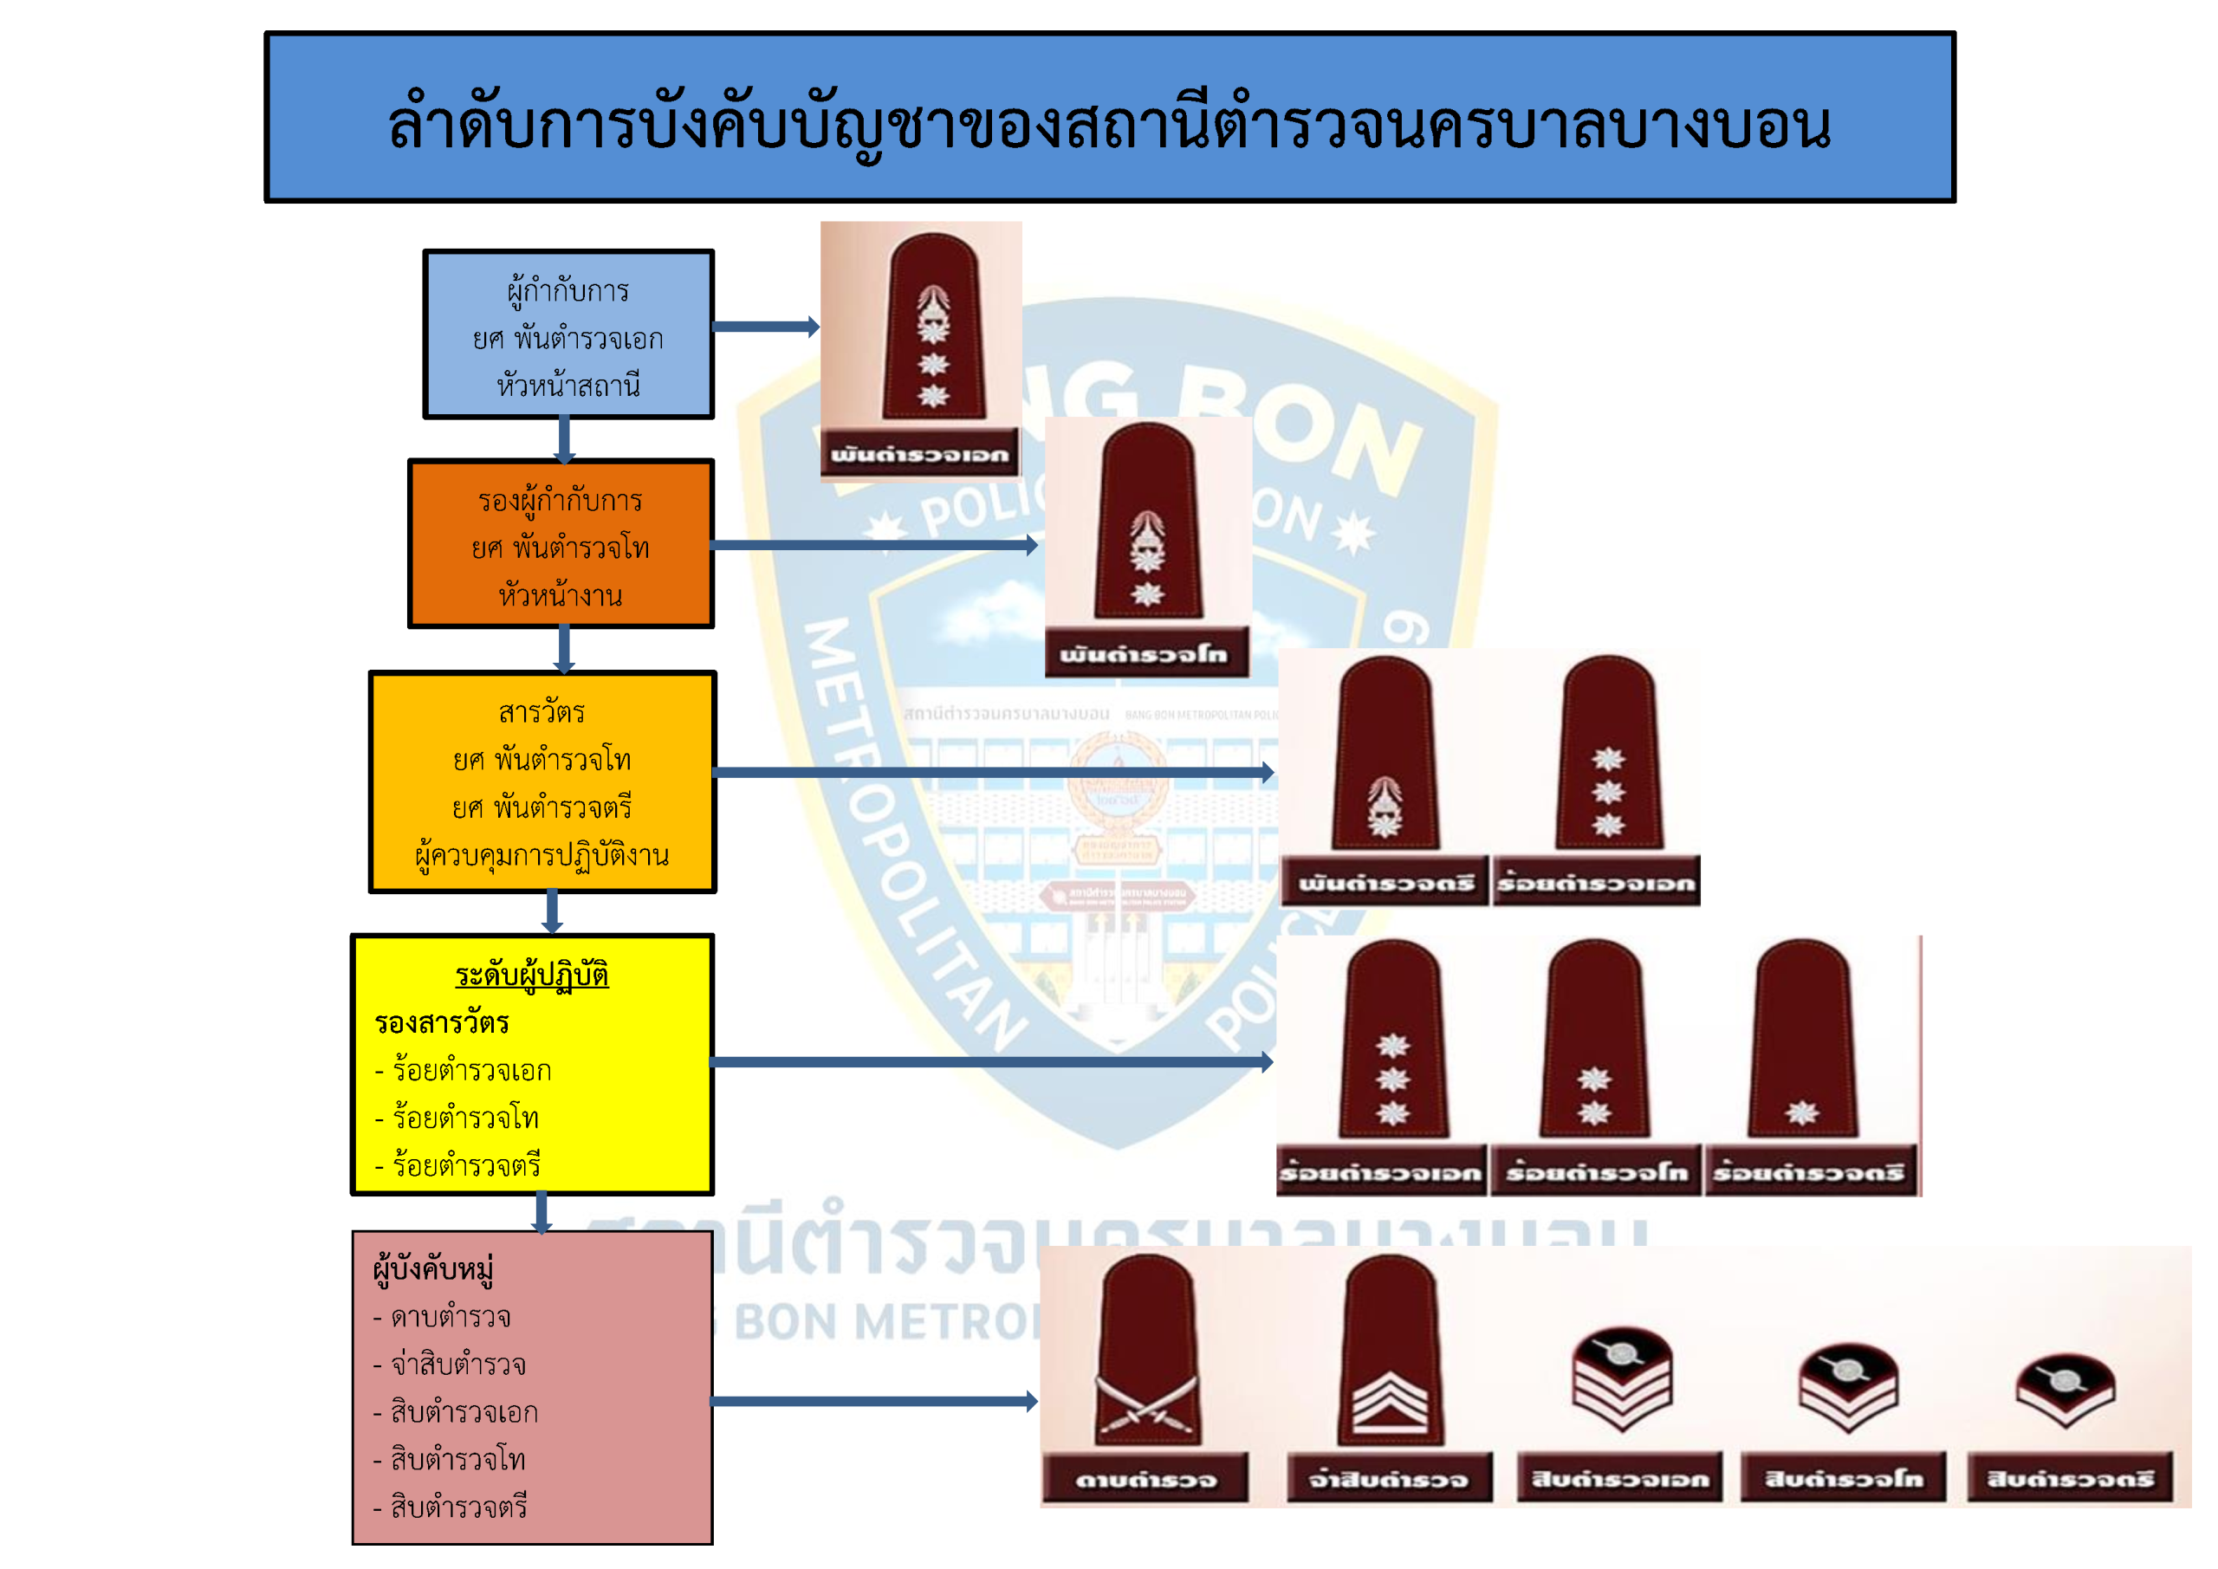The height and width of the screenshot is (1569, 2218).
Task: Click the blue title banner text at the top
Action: [x=1109, y=124]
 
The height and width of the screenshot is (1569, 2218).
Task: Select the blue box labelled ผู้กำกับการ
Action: [x=568, y=334]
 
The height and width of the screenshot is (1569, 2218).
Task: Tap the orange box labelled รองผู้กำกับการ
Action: [x=561, y=544]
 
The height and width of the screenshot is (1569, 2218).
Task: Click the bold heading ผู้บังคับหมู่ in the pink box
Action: [x=433, y=1268]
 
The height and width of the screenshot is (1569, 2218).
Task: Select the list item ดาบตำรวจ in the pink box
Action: [x=451, y=1317]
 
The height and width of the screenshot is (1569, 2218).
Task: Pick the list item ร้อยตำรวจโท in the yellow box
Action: [x=465, y=1118]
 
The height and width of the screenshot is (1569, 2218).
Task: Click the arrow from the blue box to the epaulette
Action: [x=765, y=327]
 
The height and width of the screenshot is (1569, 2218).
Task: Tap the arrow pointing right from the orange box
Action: [x=874, y=545]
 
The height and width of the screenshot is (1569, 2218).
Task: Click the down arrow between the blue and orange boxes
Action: [x=564, y=439]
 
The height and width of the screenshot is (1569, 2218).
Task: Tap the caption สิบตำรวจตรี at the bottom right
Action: [x=2069, y=1479]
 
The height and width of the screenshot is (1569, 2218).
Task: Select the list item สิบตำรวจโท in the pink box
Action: [x=458, y=1459]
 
